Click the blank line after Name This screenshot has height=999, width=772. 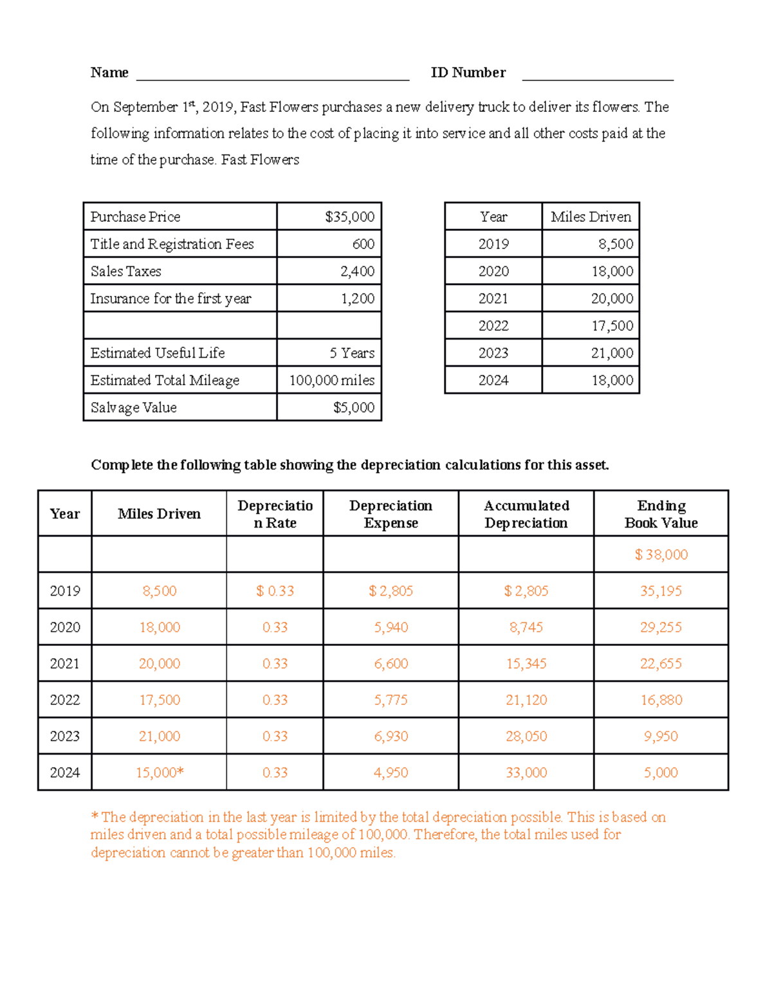point(273,76)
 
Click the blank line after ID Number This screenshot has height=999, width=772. point(598,76)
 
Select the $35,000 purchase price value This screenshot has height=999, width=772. point(349,217)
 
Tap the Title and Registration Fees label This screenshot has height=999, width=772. point(172,244)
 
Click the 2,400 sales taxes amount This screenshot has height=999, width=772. point(357,271)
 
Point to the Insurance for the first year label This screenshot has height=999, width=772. point(170,298)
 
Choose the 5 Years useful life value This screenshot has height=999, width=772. point(352,353)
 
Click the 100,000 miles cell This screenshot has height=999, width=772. point(331,380)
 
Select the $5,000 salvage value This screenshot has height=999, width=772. point(353,408)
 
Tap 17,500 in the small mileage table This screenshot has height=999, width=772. point(612,326)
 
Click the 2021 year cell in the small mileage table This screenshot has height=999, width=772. point(493,298)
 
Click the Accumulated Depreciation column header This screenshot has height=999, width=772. point(526,514)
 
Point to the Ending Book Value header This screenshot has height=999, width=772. point(661,514)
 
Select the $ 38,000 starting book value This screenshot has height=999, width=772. point(661,554)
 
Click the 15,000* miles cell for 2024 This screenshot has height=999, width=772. point(160,773)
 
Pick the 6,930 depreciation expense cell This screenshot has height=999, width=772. point(391,736)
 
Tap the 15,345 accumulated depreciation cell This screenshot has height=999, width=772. point(526,663)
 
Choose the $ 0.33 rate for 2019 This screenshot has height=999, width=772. point(275,591)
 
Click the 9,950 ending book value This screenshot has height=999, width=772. point(661,736)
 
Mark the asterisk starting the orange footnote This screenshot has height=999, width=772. point(95,816)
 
